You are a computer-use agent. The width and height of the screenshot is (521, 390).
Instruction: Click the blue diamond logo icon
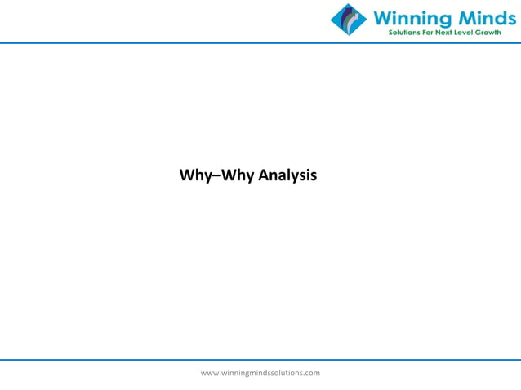coord(349,20)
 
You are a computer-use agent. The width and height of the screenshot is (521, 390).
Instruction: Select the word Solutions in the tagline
coord(402,33)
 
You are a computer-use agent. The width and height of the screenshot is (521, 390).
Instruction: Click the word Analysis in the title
coord(287,175)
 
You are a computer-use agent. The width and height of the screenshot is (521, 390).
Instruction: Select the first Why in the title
coord(194,175)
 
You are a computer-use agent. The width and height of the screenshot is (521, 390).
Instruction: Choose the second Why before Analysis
coord(235,175)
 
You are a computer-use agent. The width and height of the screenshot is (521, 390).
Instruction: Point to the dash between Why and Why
coord(215,175)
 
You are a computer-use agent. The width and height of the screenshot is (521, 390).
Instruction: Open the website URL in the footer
coord(260,373)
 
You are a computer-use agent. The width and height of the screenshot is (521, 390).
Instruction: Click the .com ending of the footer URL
coord(312,373)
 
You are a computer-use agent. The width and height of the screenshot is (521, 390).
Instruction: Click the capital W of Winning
coord(382,16)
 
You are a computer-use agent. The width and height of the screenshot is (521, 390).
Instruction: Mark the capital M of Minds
coord(453,16)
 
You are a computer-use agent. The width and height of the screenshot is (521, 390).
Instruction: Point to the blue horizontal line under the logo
coord(163,42)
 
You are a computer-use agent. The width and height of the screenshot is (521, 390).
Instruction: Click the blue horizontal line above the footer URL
coord(260,359)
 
